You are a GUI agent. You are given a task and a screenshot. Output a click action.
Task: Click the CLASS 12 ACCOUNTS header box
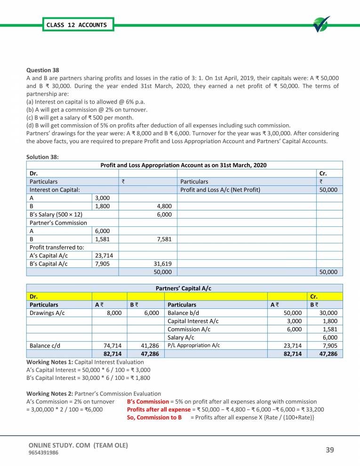(77, 24)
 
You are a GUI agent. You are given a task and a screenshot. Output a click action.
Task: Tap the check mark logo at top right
(321, 24)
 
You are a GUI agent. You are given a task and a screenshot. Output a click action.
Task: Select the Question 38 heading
(43, 70)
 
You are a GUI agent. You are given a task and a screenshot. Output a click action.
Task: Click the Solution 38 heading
(42, 157)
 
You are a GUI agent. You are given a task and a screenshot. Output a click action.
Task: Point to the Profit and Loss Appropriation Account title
(184, 165)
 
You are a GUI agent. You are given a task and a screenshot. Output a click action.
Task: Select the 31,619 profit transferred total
(162, 264)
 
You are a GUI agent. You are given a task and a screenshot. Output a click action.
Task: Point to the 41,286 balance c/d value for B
(148, 345)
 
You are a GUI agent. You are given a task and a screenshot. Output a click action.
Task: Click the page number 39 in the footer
(330, 450)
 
